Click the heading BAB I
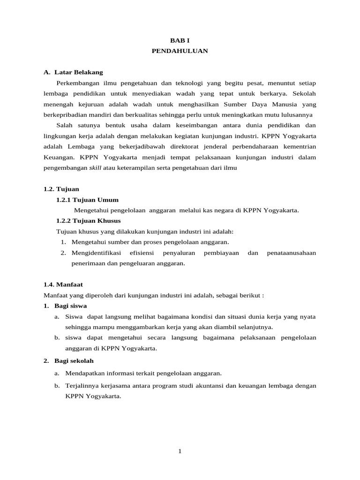[180, 41]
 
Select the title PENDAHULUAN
[180, 52]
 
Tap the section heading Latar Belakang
[78, 73]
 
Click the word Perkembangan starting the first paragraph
[79, 83]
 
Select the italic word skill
[96, 168]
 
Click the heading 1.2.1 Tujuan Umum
[87, 200]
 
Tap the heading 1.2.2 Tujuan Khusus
[88, 221]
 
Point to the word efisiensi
[142, 253]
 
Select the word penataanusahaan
[291, 253]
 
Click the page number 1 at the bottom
[180, 451]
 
